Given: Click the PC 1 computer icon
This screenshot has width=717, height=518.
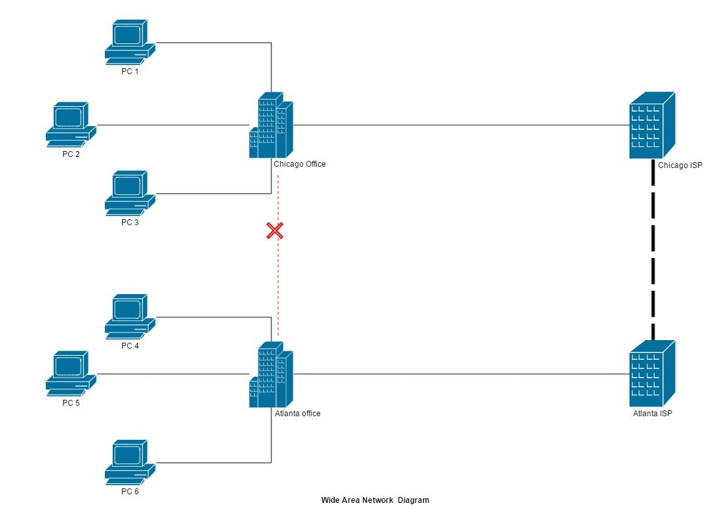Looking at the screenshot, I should [x=130, y=41].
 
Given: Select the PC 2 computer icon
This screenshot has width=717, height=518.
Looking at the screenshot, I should [x=71, y=123].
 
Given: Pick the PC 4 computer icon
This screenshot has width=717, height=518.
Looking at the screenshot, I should [x=130, y=316].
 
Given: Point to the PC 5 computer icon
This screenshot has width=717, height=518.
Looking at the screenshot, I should [x=71, y=373].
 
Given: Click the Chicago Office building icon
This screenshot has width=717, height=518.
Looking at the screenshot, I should [x=270, y=125].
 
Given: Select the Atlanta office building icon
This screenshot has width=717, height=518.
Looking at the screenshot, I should [x=270, y=374].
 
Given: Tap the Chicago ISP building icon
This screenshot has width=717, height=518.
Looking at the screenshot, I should [x=651, y=125].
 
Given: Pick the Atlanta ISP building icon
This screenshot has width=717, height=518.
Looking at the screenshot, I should [x=651, y=374].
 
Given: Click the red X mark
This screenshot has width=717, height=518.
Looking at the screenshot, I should [x=274, y=230].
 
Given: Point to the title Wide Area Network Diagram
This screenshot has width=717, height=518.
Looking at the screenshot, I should [x=375, y=500].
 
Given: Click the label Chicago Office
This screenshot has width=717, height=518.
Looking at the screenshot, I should [x=299, y=164].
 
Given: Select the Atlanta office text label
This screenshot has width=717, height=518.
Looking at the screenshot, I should [x=298, y=414].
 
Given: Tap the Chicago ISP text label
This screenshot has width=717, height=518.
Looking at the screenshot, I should [x=680, y=165].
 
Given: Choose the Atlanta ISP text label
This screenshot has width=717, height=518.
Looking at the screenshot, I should [x=652, y=414].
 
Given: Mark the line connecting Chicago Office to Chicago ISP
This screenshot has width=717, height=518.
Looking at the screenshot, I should [x=459, y=124].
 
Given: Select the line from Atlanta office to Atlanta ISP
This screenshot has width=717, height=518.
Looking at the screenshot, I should [x=459, y=374].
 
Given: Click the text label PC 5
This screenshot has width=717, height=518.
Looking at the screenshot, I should [x=71, y=402].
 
